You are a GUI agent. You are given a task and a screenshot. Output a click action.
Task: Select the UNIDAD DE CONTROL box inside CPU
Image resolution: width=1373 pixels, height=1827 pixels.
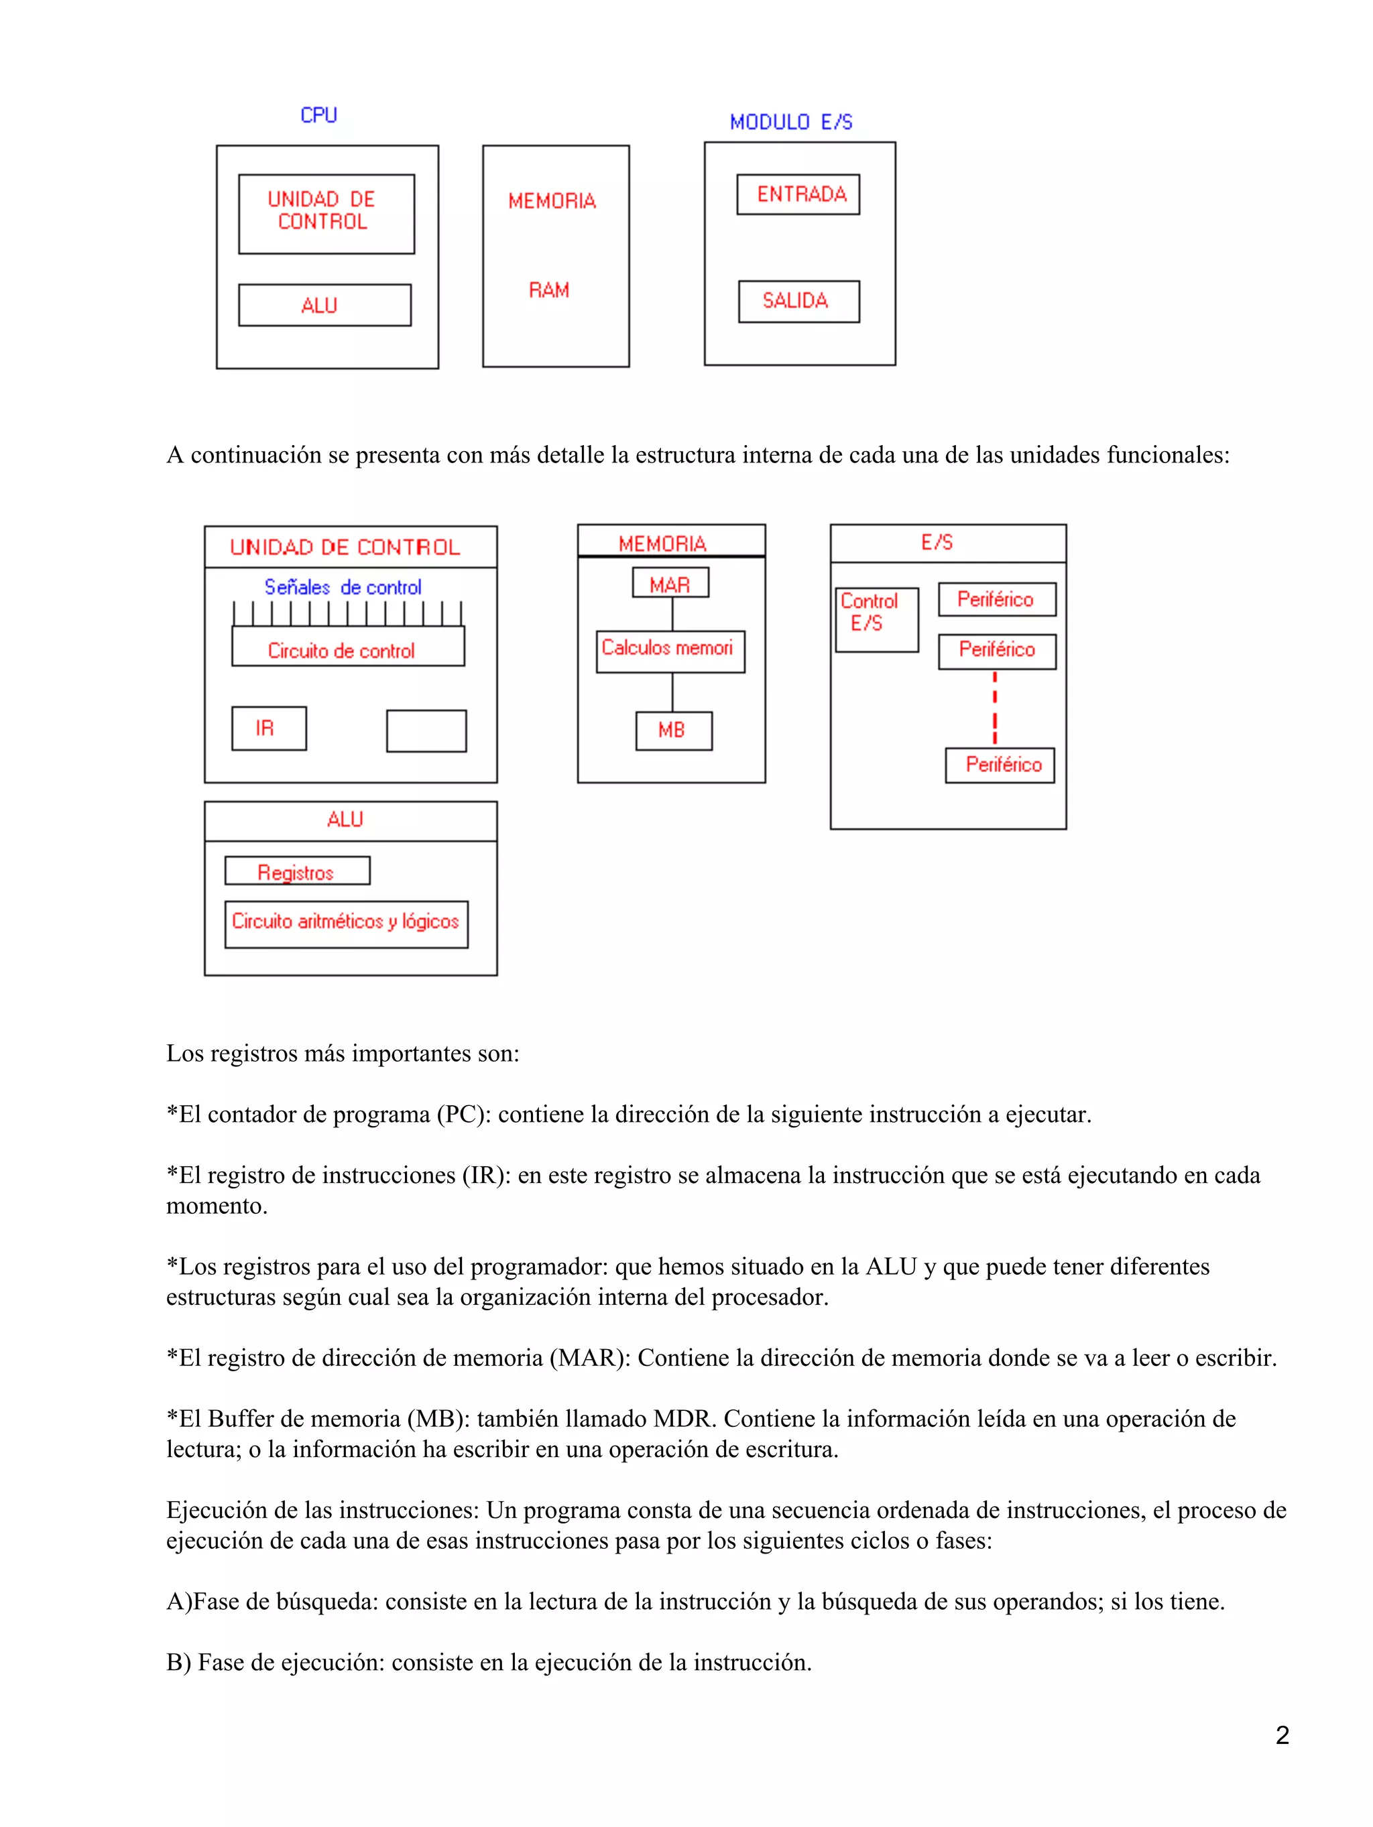pyautogui.click(x=326, y=213)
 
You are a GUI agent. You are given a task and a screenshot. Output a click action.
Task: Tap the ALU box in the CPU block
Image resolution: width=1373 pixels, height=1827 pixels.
pyautogui.click(x=324, y=306)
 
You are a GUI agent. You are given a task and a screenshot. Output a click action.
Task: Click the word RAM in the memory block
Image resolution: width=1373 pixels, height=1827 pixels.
pyautogui.click(x=548, y=290)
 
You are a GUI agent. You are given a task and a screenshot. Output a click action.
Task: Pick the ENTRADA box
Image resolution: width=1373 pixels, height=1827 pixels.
pyautogui.click(x=797, y=194)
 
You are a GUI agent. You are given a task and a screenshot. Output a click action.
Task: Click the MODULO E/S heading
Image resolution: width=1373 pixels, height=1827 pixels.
pyautogui.click(x=790, y=122)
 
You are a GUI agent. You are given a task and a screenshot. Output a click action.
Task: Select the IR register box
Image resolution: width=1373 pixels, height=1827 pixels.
pyautogui.click(x=268, y=728)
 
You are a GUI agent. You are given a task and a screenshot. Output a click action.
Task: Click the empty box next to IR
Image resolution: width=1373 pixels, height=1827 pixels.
pyautogui.click(x=426, y=730)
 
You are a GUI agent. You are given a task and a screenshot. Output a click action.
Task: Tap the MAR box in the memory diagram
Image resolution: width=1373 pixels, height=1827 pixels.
pyautogui.click(x=670, y=583)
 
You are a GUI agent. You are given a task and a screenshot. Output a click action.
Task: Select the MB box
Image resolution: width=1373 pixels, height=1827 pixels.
pyautogui.click(x=672, y=730)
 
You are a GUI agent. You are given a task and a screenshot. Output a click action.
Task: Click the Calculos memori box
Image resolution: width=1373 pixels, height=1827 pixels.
pyautogui.click(x=669, y=651)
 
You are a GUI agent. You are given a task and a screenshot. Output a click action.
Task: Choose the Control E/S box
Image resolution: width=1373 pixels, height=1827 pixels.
pyautogui.click(x=876, y=619)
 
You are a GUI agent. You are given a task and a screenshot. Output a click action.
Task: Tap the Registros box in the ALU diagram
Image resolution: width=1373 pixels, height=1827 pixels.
pyautogui.click(x=296, y=871)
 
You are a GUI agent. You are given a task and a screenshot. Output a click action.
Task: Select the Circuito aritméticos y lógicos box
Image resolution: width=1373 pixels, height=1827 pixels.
pyautogui.click(x=345, y=924)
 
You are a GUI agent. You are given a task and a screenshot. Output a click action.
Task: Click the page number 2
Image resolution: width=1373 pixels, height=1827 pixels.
pyautogui.click(x=1281, y=1735)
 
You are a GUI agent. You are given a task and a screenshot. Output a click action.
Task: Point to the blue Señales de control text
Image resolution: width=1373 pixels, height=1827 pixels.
pyautogui.click(x=342, y=587)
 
